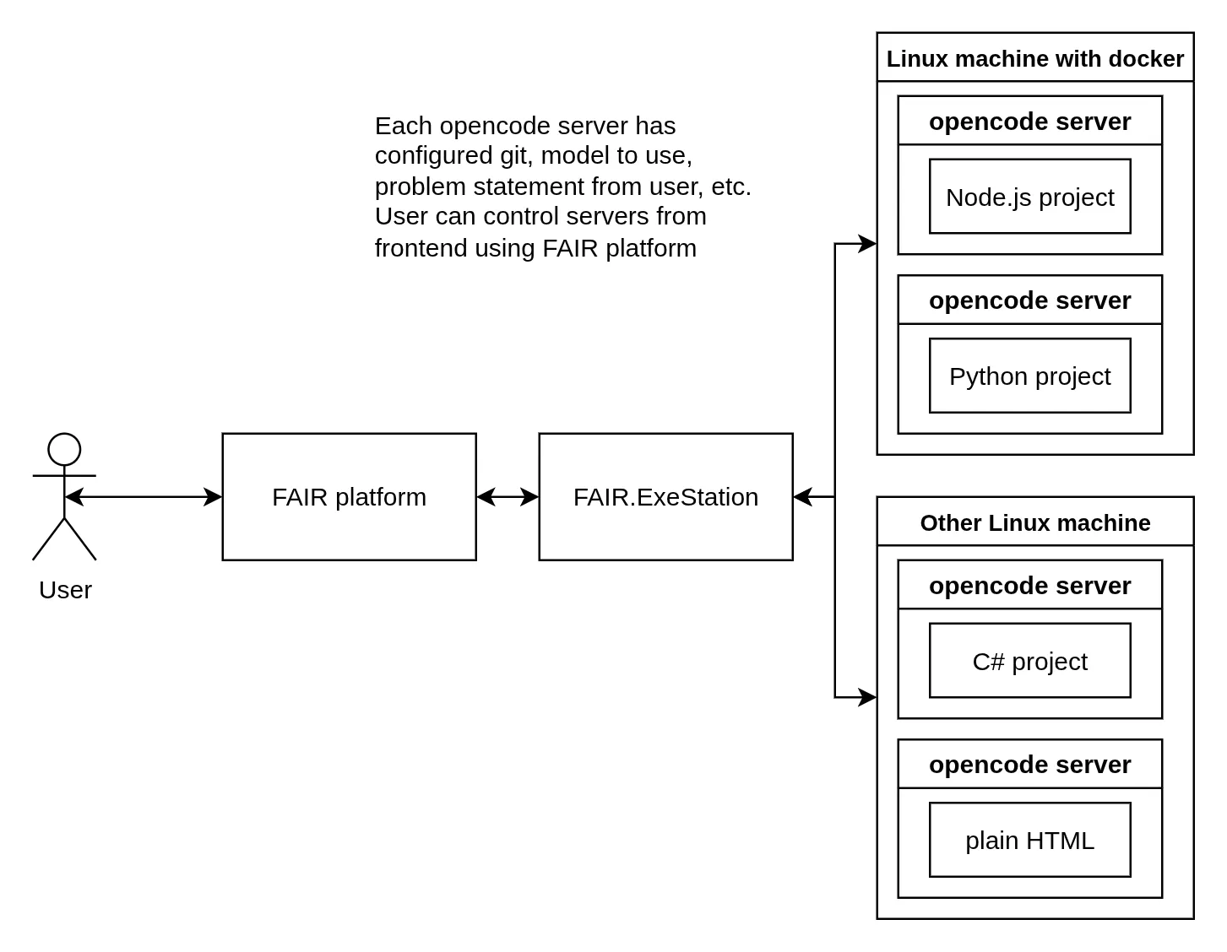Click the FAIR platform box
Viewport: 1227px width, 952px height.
click(x=349, y=497)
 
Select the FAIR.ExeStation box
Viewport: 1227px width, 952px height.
click(x=665, y=497)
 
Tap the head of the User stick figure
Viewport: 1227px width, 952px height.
click(x=64, y=450)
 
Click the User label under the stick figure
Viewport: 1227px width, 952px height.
click(x=65, y=590)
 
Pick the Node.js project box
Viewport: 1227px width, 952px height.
click(x=1029, y=197)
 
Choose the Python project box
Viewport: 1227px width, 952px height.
click(x=1029, y=376)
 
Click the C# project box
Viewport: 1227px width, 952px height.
click(x=1029, y=662)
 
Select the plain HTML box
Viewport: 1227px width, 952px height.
click(x=1029, y=841)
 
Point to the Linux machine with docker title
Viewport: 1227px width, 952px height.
click(x=1034, y=59)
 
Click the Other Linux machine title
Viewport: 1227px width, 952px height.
click(x=1034, y=523)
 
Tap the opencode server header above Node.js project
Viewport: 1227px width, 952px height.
click(x=1029, y=122)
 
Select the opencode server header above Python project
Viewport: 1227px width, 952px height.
click(x=1029, y=300)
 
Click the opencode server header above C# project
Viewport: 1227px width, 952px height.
click(x=1029, y=586)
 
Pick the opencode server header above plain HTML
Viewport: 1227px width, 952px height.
click(x=1029, y=765)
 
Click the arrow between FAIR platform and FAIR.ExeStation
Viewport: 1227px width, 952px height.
click(x=508, y=497)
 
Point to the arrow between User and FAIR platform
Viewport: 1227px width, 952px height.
click(x=144, y=497)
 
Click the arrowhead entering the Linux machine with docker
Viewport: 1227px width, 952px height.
click(x=868, y=244)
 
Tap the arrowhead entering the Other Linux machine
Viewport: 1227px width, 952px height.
click(x=868, y=698)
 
